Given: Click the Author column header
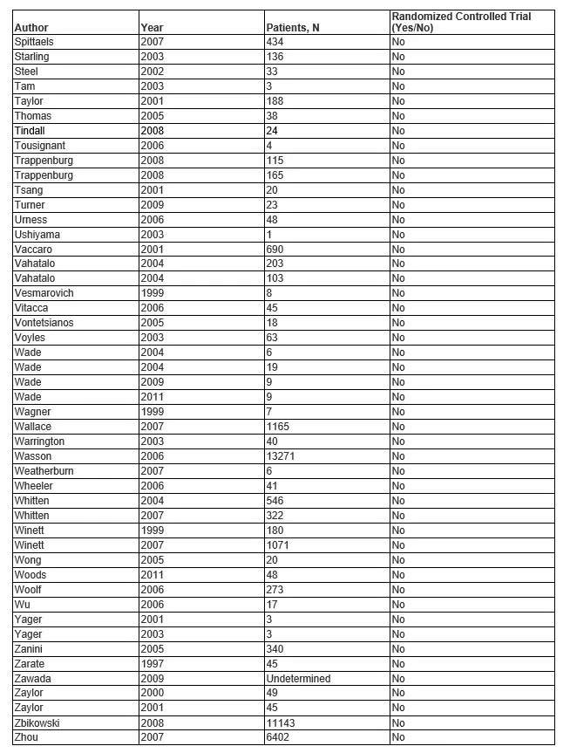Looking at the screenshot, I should pos(31,28).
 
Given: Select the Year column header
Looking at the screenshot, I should pos(152,28).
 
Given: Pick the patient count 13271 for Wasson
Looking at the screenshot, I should pos(282,456).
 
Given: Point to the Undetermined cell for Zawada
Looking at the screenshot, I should pos(299,679).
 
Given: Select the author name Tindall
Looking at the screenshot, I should pos(30,131).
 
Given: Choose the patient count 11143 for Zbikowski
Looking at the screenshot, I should pos(282,723).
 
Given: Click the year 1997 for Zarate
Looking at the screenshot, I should pos(152,664).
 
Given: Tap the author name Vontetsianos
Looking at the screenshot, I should pos(44,323).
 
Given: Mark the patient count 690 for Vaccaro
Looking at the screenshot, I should pos(276,250).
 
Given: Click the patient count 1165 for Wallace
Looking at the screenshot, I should pos(279,427).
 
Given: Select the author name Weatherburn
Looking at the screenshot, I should pos(44,471).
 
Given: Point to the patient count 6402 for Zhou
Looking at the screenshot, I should pos(279,738).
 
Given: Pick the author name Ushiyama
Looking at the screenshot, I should pos(37,235).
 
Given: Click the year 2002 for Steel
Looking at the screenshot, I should pos(152,72).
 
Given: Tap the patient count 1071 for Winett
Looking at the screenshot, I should pos(279,545).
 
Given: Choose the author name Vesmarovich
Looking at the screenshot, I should pos(44,293).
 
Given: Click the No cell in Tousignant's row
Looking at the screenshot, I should pos(398,146).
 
